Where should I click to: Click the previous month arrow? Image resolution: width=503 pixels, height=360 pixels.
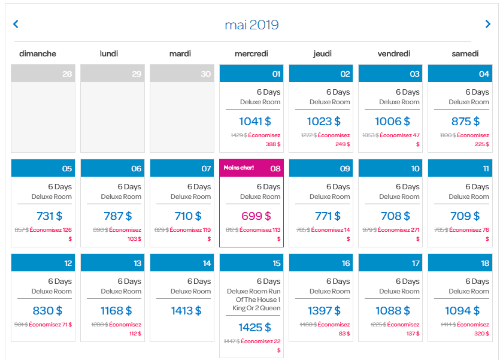pos(16,24)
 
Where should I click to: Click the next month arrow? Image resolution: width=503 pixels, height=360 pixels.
pos(487,24)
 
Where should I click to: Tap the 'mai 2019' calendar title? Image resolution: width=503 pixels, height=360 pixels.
pos(251,25)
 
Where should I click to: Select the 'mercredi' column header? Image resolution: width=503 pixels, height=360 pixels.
pos(251,54)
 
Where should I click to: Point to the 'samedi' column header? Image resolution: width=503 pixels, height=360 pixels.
pos(465,54)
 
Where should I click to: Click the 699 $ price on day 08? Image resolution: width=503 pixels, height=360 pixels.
pos(256,216)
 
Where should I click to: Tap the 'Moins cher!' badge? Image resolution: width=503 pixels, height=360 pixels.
pos(239,168)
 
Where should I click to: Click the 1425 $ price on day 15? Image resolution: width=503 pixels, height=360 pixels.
pos(254,328)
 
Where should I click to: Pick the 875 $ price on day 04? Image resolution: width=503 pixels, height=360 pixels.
pos(465,122)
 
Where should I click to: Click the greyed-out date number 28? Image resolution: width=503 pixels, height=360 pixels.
pos(67,74)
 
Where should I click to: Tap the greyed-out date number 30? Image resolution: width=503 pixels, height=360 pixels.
pos(206,74)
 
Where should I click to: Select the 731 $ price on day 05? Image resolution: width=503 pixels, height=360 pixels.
pos(49,216)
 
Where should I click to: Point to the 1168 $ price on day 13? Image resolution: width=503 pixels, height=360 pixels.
pos(116,311)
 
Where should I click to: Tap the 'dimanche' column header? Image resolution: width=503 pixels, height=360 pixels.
pos(38,54)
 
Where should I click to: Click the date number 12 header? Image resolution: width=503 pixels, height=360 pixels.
pos(68,263)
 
